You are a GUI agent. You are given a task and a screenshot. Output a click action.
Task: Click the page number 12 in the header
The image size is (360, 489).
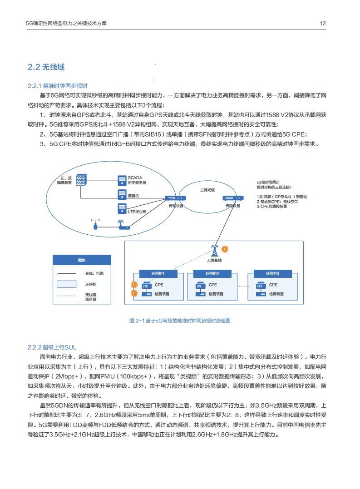(x=323, y=23)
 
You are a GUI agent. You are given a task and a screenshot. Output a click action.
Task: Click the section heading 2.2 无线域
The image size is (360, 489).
(x=46, y=67)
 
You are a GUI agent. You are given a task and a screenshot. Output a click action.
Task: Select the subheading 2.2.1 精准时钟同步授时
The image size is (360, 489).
(x=57, y=85)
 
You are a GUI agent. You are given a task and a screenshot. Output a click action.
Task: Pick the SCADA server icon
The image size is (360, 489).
(x=122, y=180)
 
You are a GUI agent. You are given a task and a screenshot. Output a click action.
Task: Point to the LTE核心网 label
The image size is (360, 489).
(x=137, y=211)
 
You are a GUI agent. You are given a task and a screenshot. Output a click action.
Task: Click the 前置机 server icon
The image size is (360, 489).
(x=122, y=195)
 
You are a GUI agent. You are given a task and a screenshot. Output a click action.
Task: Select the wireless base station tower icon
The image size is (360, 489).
(x=214, y=251)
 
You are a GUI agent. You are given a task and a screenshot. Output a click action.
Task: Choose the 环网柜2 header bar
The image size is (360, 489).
(x=212, y=273)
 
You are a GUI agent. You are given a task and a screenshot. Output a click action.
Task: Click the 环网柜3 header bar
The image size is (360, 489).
(x=272, y=273)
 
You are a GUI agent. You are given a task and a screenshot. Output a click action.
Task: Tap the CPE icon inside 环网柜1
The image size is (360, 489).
(x=146, y=286)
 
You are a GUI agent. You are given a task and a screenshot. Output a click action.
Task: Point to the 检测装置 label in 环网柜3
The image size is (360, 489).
(x=276, y=294)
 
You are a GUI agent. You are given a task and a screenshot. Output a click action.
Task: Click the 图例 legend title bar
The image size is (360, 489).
(x=82, y=260)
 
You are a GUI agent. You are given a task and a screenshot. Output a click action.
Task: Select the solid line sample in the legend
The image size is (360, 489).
(x=67, y=273)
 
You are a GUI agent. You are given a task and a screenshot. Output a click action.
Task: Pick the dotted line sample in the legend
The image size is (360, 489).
(x=67, y=296)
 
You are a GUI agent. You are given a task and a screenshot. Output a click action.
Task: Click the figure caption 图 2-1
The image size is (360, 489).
(x=180, y=321)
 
